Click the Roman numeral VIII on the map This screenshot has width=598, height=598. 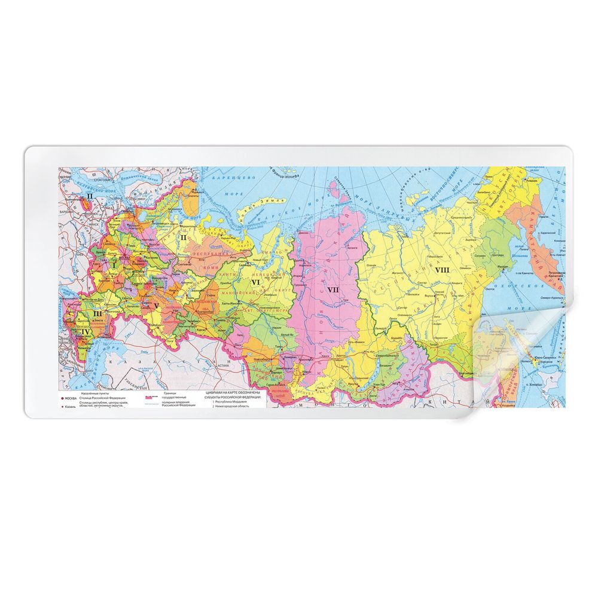pos(442,270)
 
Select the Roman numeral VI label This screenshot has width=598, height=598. pos(255,282)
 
